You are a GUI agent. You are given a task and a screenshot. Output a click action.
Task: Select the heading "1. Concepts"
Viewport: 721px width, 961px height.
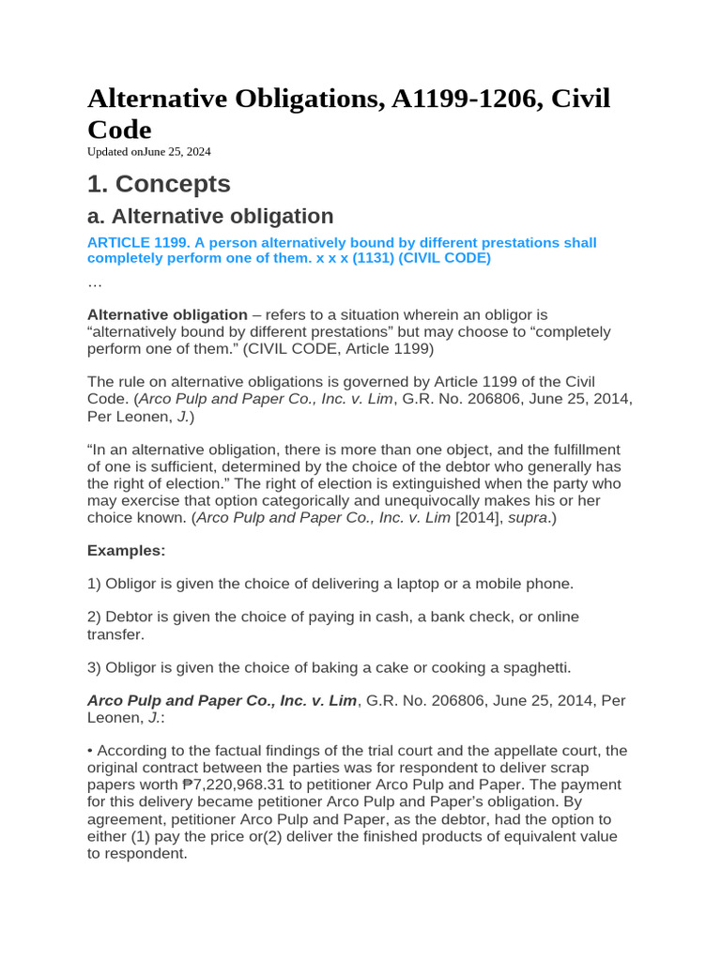point(159,183)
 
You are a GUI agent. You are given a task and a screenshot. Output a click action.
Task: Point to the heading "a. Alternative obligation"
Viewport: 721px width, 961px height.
point(210,216)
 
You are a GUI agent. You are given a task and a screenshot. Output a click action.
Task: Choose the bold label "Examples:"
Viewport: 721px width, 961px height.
point(126,550)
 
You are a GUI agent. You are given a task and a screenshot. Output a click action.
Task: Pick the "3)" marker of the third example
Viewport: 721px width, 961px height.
point(94,667)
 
